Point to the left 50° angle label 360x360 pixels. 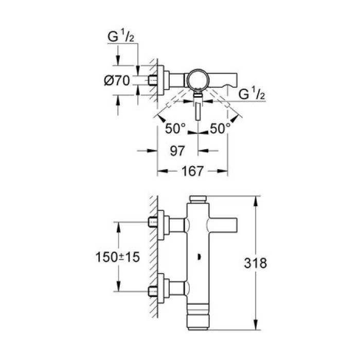click(x=175, y=129)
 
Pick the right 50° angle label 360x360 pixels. click(x=220, y=129)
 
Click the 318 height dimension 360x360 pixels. click(x=257, y=263)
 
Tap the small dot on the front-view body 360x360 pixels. click(x=199, y=256)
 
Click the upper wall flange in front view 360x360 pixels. click(x=161, y=223)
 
